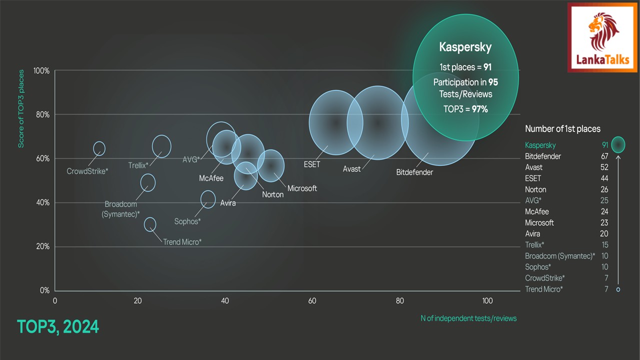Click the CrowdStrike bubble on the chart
click(99, 148)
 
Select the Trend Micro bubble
click(150, 224)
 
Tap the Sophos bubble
click(208, 199)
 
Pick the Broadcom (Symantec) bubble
click(147, 182)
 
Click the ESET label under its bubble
click(311, 164)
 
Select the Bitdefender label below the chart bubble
click(414, 172)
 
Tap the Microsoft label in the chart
click(302, 188)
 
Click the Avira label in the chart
click(228, 203)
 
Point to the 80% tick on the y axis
click(41, 114)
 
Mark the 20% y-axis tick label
click(41, 246)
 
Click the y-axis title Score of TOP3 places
click(21, 108)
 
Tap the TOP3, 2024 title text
click(58, 327)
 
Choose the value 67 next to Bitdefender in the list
click(604, 156)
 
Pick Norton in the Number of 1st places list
click(535, 189)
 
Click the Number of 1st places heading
click(562, 129)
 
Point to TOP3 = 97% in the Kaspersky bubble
click(465, 108)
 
